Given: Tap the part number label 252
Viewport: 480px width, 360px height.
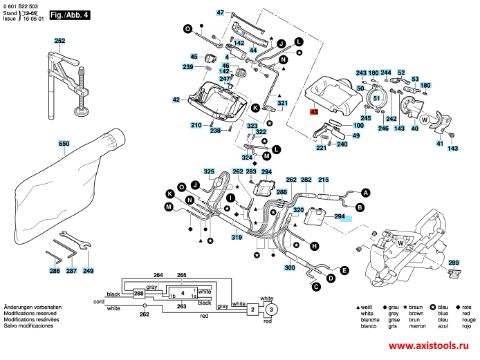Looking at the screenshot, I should coord(59,41).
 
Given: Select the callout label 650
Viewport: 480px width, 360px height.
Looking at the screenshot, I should coord(64,144).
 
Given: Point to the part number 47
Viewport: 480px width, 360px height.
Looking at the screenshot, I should coord(221,13).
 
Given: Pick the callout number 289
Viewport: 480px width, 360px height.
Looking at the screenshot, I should coord(453,263).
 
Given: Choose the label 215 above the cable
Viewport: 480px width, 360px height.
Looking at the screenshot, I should coord(323,180).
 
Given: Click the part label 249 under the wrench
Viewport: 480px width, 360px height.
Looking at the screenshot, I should coord(88,272).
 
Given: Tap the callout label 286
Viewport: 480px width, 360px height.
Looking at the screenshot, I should coord(55,272).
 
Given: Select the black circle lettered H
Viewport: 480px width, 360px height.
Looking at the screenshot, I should coord(314,246).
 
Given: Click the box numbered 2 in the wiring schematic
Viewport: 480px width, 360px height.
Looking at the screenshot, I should coord(254,310).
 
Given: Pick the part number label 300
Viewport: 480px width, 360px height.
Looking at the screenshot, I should coord(290,267).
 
